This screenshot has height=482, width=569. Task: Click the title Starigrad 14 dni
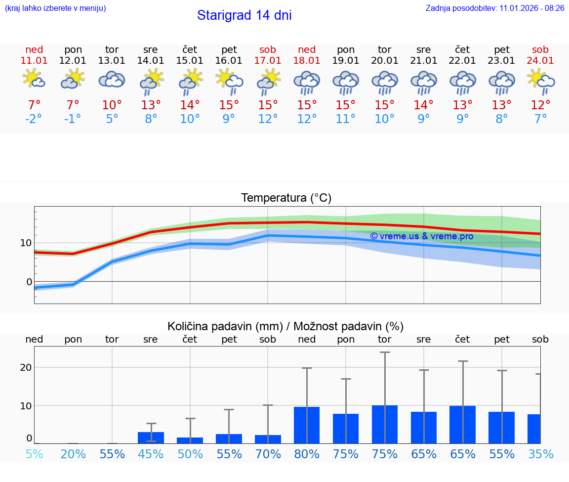coord(244,15)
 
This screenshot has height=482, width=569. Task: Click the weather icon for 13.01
coord(112,80)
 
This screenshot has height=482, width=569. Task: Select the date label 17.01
coord(268,61)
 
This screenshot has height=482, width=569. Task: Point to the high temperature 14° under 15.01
coord(190,105)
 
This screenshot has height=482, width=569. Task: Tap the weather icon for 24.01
coord(540,81)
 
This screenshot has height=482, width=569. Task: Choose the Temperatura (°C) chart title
coord(286,198)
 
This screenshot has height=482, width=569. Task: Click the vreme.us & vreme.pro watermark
coord(421,236)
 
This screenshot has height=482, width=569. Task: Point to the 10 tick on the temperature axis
coord(26,243)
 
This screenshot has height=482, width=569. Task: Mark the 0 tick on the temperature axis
coord(29,282)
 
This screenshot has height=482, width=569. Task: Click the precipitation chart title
coord(285,326)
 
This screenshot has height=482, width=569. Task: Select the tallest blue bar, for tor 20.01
coord(385,424)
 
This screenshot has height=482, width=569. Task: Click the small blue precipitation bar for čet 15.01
coord(190,440)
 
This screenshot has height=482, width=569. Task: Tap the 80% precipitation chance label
coord(307,454)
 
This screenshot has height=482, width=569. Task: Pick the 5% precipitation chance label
coord(34,454)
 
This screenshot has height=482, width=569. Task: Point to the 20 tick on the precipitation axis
coord(26,367)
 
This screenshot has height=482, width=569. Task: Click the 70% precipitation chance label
coord(268,454)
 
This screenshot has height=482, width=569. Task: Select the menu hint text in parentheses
coord(55,8)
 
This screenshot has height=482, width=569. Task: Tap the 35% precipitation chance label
coord(540,454)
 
